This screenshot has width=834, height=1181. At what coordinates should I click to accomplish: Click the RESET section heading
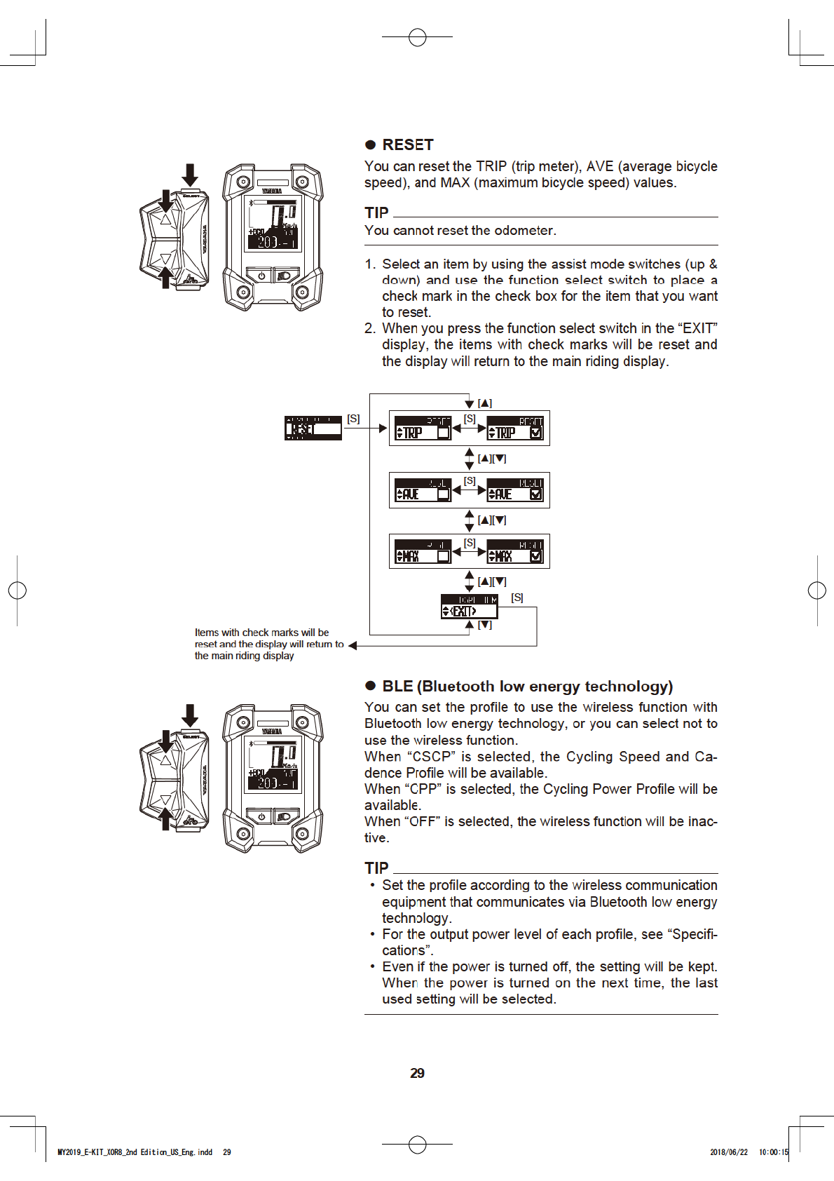[407, 145]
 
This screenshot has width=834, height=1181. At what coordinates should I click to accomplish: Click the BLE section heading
[527, 686]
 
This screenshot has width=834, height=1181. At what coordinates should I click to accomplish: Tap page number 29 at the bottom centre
[417, 1073]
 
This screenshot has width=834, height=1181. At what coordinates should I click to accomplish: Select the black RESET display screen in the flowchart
[313, 428]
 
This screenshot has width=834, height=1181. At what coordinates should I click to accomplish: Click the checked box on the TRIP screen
[536, 433]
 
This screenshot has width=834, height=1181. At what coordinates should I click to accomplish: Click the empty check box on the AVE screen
[443, 494]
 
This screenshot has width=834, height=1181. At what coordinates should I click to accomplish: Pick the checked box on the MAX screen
[536, 556]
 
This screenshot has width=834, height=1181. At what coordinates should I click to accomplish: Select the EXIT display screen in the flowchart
[469, 607]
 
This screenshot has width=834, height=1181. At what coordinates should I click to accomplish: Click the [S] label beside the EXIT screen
[517, 598]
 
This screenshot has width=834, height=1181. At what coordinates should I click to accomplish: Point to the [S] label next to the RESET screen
[353, 419]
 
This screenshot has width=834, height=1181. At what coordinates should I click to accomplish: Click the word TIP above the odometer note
[376, 212]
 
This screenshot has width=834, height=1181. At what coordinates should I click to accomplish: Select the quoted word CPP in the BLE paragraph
[423, 789]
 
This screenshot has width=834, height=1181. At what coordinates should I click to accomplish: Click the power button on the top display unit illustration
[261, 276]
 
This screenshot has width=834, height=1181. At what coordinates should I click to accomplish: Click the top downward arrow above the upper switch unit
[190, 174]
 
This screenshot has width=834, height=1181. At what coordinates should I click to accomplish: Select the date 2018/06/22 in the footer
[728, 1152]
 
